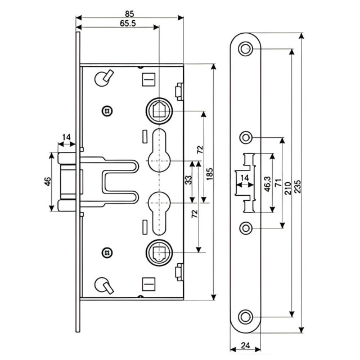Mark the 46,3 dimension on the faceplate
point(268,184)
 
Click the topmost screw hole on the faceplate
point(245,49)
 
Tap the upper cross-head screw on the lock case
point(107,110)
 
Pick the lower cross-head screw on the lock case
point(107,252)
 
